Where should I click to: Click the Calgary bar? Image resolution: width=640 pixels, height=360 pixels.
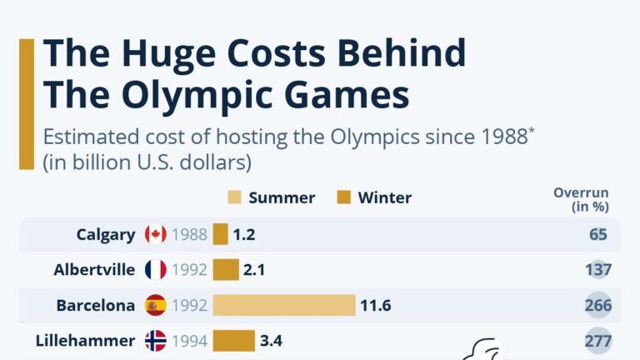pos(220,234)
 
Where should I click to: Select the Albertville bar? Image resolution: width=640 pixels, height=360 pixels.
pos(226,270)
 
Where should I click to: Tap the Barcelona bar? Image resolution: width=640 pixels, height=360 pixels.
pos(284,305)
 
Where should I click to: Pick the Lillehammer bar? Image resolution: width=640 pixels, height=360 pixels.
pos(234,341)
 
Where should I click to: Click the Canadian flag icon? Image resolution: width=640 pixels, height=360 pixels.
pos(156,234)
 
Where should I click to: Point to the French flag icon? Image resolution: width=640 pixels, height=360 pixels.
pos(156,270)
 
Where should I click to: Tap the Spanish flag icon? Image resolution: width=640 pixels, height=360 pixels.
pos(156,305)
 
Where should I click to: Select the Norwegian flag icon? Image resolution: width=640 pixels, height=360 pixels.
pos(156,341)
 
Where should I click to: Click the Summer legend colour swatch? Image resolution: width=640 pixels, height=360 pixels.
pos(234,197)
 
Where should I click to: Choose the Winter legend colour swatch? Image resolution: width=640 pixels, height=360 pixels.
pos(343,197)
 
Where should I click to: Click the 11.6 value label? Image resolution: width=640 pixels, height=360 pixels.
pos(376,305)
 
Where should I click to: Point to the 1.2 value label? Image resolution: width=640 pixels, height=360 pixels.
pos(244,235)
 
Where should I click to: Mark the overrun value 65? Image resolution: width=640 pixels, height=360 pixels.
pos(598,235)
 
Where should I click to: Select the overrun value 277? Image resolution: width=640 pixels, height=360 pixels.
pos(598,341)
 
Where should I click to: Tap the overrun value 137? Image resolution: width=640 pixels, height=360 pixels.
pos(598,270)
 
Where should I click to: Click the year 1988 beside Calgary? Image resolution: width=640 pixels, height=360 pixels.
pos(189,235)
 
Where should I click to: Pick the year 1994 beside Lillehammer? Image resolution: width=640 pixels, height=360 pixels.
pos(189,341)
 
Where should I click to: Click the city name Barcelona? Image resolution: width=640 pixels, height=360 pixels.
pos(96,305)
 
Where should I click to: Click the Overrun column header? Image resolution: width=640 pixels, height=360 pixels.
pos(581,200)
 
